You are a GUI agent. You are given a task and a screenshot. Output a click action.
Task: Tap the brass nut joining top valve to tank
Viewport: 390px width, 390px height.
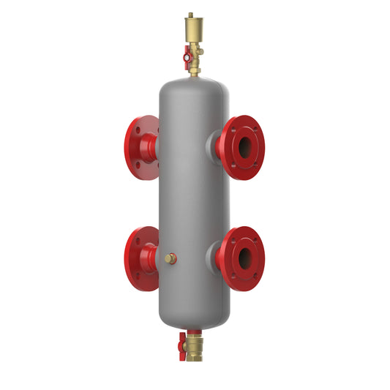[x=194, y=70]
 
